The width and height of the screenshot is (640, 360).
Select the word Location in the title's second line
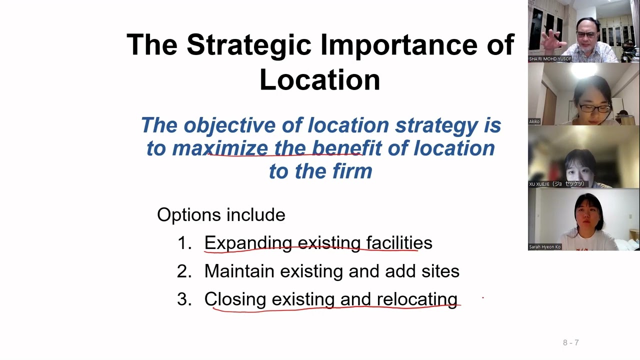[320, 80]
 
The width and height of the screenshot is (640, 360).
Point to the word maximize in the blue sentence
[220, 148]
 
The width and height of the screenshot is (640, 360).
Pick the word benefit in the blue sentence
[346, 148]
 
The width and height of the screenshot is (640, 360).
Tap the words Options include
[221, 215]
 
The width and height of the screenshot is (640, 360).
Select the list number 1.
[184, 243]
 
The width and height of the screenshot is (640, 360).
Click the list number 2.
[184, 271]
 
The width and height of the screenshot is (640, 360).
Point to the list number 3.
[184, 299]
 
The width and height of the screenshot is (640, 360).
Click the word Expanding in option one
[248, 243]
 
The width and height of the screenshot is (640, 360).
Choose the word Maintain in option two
[239, 271]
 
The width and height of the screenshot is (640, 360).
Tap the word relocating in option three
[417, 299]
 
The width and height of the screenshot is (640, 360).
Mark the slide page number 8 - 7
[570, 342]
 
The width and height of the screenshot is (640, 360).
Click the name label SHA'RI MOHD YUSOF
[550, 59]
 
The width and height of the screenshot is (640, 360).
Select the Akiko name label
[534, 121]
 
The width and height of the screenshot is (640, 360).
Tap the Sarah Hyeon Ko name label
[544, 247]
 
